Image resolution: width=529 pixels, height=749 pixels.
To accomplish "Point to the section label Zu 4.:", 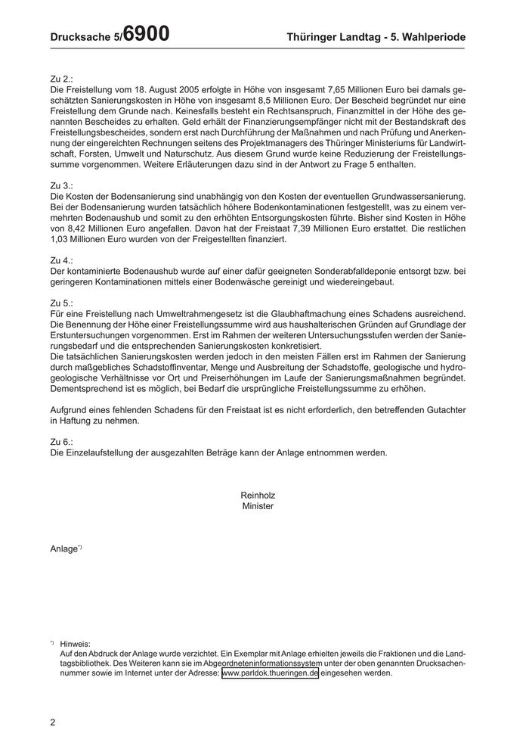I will pos(62,260).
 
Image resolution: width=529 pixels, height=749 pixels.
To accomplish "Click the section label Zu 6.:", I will pos(62,441).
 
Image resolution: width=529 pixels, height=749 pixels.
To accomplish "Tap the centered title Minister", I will pos(258,506).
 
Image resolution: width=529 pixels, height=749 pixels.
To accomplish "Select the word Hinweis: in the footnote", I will pos(76,644).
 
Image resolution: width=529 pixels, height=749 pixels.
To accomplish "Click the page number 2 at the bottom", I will pos(53,722).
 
